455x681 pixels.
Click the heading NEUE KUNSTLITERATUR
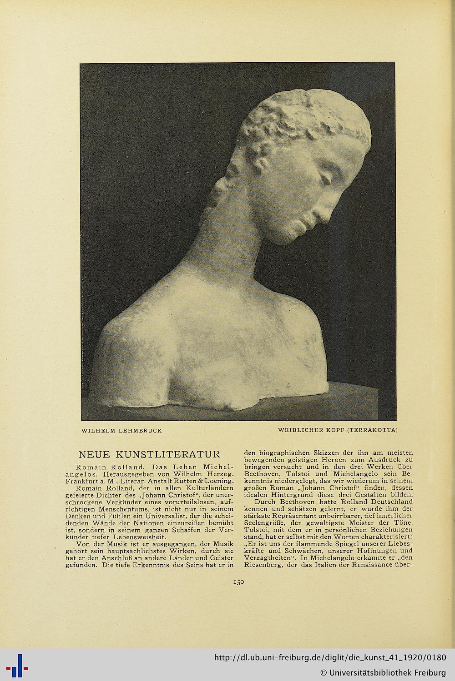(150, 454)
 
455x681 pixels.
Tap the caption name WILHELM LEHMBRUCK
(121, 430)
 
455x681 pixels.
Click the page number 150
(239, 581)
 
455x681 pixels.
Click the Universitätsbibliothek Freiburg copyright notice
(383, 672)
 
